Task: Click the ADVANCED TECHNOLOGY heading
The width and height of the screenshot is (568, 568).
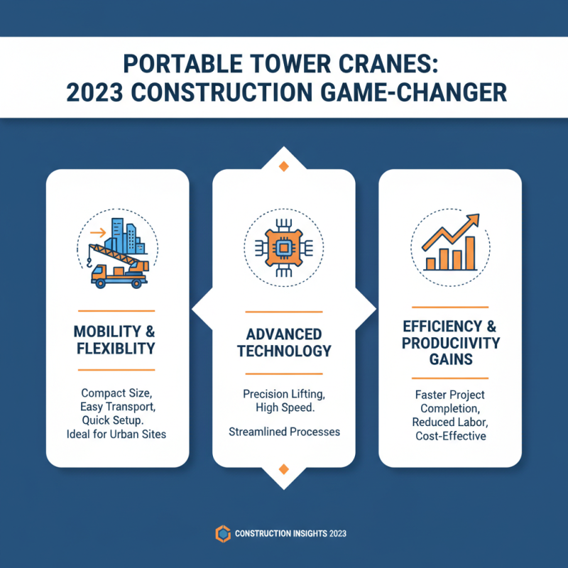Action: pyautogui.click(x=284, y=342)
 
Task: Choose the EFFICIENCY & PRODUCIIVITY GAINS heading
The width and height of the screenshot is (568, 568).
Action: pyautogui.click(x=450, y=343)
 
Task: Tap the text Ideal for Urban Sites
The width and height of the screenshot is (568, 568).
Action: pyautogui.click(x=117, y=434)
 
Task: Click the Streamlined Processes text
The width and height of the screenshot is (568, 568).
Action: pyautogui.click(x=284, y=432)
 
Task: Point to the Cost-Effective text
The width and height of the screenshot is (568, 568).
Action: pyautogui.click(x=450, y=436)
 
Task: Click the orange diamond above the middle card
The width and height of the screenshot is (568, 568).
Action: pyautogui.click(x=284, y=166)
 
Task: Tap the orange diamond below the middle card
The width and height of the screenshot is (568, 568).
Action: pyautogui.click(x=284, y=469)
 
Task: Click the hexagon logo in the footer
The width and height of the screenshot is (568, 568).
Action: pyautogui.click(x=222, y=534)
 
